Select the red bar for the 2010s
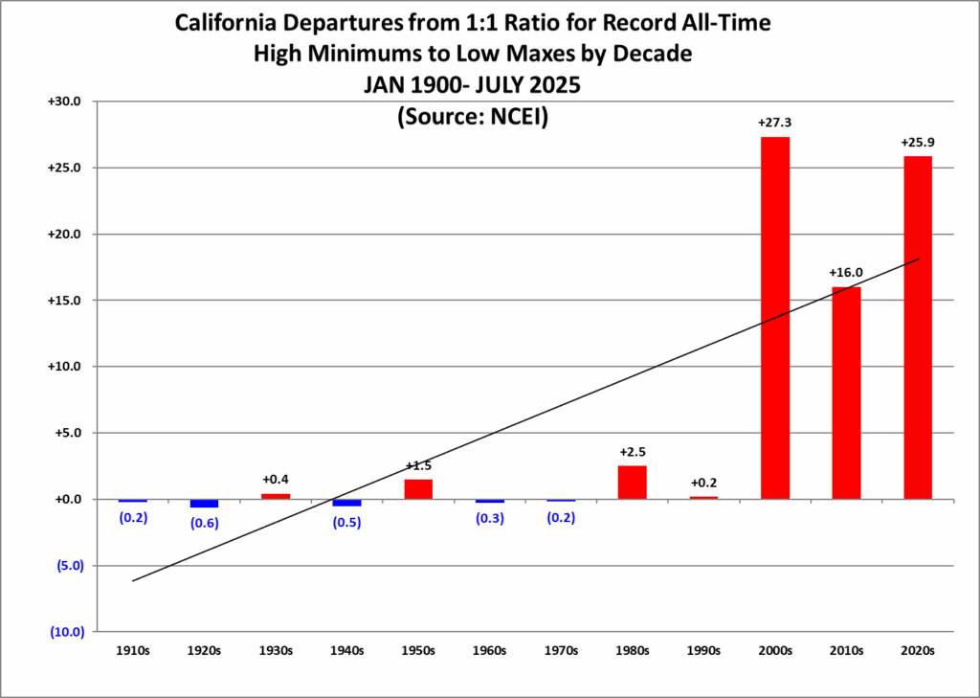click(846, 393)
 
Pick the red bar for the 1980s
click(633, 483)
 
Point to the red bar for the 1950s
click(418, 489)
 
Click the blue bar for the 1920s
click(204, 504)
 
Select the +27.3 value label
click(775, 123)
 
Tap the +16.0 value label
click(846, 273)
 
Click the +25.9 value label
click(917, 142)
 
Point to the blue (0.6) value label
click(204, 522)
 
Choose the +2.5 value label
click(633, 451)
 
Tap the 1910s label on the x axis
click(133, 651)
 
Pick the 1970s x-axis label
click(561, 651)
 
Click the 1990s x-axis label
click(703, 651)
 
